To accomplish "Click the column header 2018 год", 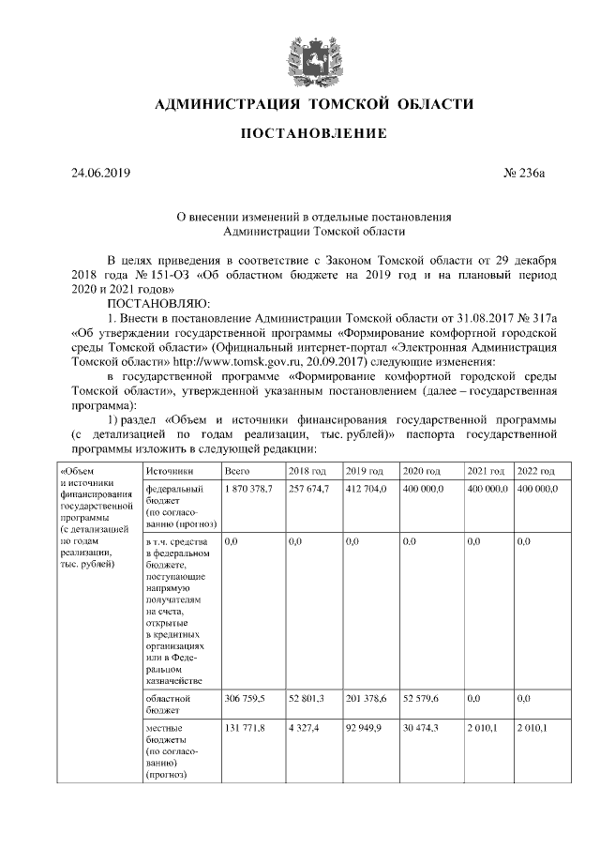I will [x=307, y=471].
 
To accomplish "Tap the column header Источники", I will [x=169, y=471].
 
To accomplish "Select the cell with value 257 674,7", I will [x=308, y=490].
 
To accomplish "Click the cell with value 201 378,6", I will [x=365, y=699].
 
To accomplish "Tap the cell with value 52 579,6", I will [x=421, y=699].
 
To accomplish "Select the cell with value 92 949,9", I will [x=363, y=728].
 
